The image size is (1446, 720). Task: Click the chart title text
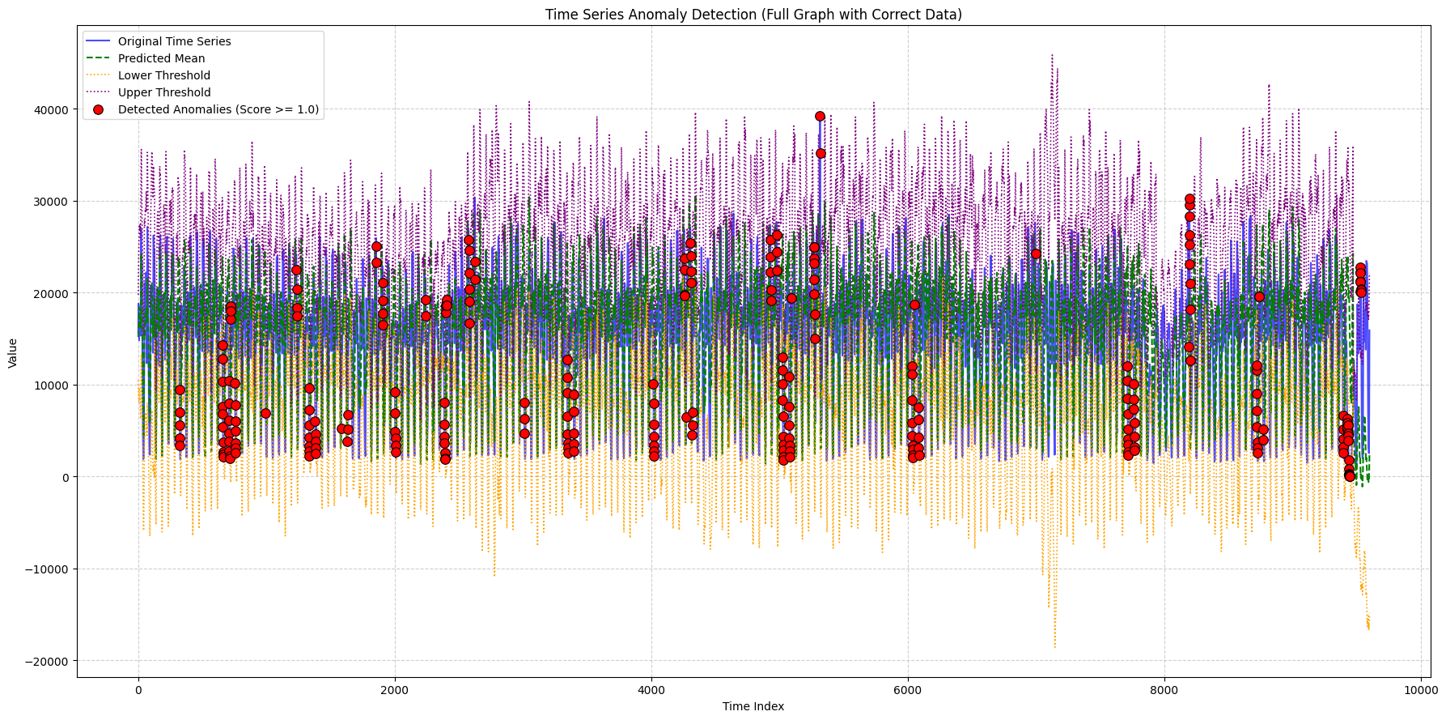pos(753,15)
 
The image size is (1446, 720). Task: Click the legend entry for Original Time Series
pos(174,41)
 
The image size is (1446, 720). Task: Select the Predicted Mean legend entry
pos(161,58)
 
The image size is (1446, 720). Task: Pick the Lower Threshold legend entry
pos(163,75)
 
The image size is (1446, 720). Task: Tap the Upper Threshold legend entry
pos(163,92)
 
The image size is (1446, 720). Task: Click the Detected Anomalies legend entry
pos(218,109)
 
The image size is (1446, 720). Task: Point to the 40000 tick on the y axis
pos(53,110)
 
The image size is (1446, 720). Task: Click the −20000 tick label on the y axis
pos(50,662)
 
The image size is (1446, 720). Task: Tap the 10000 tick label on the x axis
pos(1421,691)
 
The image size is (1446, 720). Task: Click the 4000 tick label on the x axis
pos(651,691)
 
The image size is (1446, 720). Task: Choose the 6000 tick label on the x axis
pos(908,691)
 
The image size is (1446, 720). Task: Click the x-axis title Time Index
pos(753,706)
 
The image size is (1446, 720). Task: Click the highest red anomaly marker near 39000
pos(820,116)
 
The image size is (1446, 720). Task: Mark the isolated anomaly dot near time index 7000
pos(1036,253)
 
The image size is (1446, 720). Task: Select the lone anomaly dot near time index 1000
pos(265,413)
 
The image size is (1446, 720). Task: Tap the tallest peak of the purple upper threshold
pos(1052,55)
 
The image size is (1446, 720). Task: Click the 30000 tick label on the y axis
pos(53,202)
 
